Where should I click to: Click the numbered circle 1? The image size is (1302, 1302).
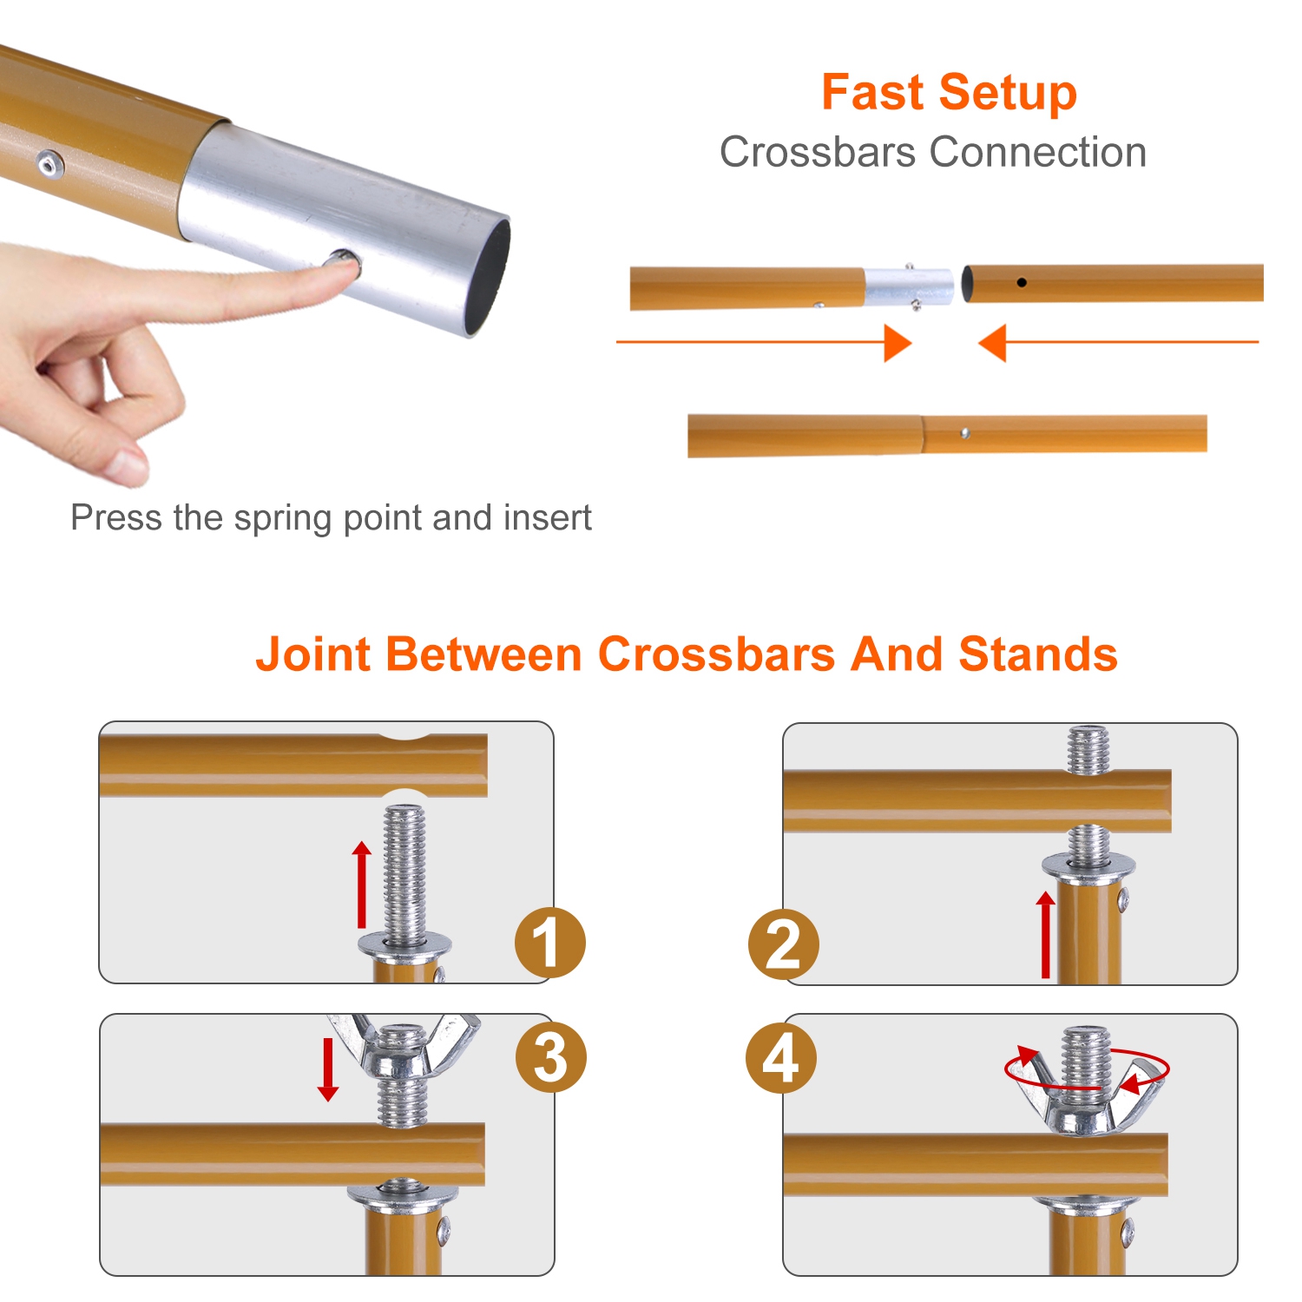(549, 943)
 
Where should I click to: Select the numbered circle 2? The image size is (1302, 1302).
(783, 944)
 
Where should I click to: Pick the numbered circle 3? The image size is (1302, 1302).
(551, 1058)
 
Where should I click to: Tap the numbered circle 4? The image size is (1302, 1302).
(780, 1058)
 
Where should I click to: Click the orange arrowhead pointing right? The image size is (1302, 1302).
(898, 343)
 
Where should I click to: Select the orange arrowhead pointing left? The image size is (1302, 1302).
(992, 343)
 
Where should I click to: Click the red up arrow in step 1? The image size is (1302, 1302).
(362, 884)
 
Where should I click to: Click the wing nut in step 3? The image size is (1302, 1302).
(403, 1050)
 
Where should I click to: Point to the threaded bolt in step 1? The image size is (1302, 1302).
(404, 872)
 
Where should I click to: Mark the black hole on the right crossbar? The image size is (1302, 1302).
(1022, 282)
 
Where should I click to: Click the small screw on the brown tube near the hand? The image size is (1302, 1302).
(49, 162)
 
